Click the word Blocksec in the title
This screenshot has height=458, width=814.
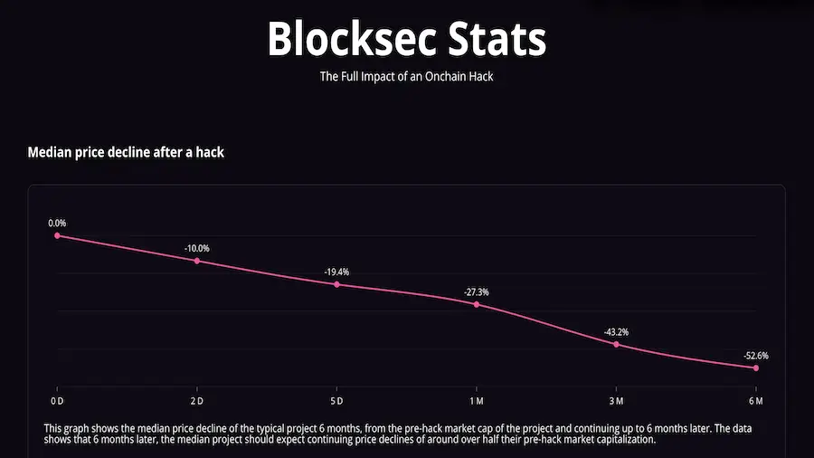pos(343,39)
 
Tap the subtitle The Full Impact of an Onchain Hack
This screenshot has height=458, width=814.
pos(406,77)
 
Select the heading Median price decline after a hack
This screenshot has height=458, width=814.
pos(126,152)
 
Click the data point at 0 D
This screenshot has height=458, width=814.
pos(57,235)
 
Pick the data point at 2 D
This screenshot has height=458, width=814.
pos(197,261)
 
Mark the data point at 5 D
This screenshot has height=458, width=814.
pos(336,284)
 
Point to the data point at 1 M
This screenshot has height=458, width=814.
pos(477,304)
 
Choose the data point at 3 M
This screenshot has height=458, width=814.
pos(616,344)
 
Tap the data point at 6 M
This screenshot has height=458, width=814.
pos(756,367)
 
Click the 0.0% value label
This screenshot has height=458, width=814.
pos(57,223)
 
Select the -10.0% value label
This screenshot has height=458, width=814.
pos(197,248)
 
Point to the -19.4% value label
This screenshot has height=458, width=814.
pos(336,272)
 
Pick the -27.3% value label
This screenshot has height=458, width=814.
pos(477,291)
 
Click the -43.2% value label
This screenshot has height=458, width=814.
pos(616,332)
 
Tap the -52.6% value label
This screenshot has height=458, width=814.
pos(756,356)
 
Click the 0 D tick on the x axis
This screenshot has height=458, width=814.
pos(57,400)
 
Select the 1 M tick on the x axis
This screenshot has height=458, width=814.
pos(477,400)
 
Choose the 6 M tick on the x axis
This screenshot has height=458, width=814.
pos(756,400)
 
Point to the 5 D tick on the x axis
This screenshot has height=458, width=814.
pos(336,400)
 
